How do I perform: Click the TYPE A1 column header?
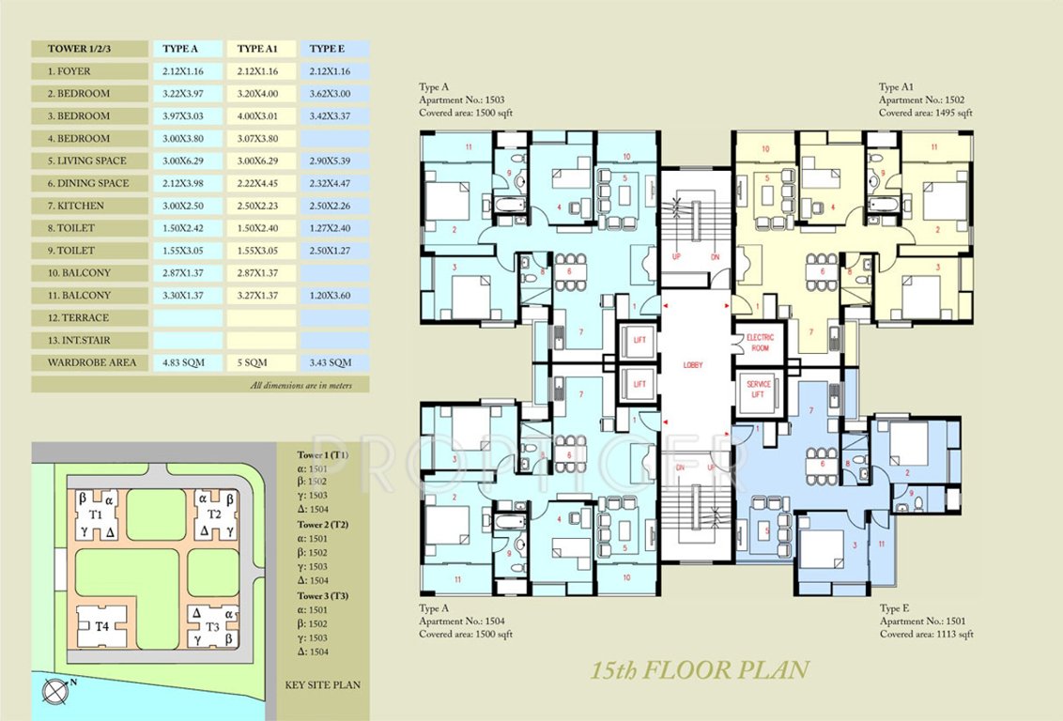pyautogui.click(x=262, y=49)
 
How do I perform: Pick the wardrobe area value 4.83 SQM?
pyautogui.click(x=188, y=362)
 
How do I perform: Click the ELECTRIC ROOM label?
pyautogui.click(x=758, y=342)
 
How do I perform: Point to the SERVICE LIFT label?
pyautogui.click(x=758, y=389)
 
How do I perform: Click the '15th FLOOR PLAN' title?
pyautogui.click(x=699, y=670)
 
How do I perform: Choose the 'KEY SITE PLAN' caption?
pyautogui.click(x=322, y=684)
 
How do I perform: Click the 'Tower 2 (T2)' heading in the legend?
pyautogui.click(x=323, y=524)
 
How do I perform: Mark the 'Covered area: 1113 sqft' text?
pyautogui.click(x=926, y=635)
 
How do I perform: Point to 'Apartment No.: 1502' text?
pyautogui.click(x=921, y=100)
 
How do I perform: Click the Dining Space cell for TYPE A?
pyautogui.click(x=188, y=183)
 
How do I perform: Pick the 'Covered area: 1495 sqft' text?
pyautogui.click(x=926, y=113)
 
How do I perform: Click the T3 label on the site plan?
pyautogui.click(x=213, y=626)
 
